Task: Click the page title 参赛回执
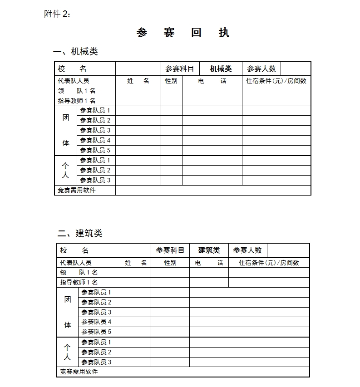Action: [x=183, y=33]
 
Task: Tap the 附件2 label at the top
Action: [x=57, y=14]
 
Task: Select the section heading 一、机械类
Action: [x=76, y=51]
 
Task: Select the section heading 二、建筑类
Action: [x=80, y=233]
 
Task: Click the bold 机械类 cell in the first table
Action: [x=221, y=69]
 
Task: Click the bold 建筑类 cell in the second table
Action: [x=209, y=250]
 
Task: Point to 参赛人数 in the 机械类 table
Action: [x=261, y=69]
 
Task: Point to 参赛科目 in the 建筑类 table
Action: [x=170, y=250]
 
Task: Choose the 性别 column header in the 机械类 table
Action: [x=171, y=81]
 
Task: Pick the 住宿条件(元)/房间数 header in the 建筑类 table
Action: [x=269, y=263]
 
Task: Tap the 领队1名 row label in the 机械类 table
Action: [x=77, y=91]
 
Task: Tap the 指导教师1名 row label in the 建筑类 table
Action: [x=79, y=282]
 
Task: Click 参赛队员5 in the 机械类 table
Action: [x=95, y=150]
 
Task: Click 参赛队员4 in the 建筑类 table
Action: [x=96, y=322]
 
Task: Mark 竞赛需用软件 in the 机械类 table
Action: [x=77, y=190]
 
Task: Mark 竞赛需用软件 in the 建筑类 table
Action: [x=79, y=372]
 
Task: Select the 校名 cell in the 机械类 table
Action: [x=72, y=69]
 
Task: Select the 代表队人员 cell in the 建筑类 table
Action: [x=76, y=263]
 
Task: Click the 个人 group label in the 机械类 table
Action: [x=65, y=170]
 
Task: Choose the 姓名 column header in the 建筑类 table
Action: [x=136, y=263]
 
